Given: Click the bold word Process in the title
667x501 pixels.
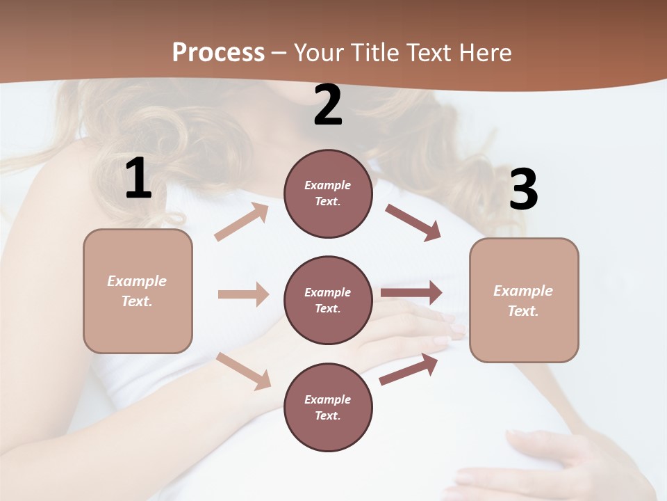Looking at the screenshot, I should point(218,53).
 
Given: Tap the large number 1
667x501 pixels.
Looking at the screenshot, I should point(138,179).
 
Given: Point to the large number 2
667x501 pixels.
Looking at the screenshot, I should point(328,106).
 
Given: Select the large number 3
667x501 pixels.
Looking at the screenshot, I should point(523,189).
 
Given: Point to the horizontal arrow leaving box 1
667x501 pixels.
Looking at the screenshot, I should point(243,294).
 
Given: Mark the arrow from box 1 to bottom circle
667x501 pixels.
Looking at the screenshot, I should point(243,371).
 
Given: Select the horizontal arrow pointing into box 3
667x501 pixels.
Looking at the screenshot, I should point(411,293).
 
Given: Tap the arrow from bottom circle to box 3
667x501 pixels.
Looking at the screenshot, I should point(409,369).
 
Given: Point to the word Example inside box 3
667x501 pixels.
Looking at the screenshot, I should point(523,291).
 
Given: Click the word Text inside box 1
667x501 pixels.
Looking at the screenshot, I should point(136,301).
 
